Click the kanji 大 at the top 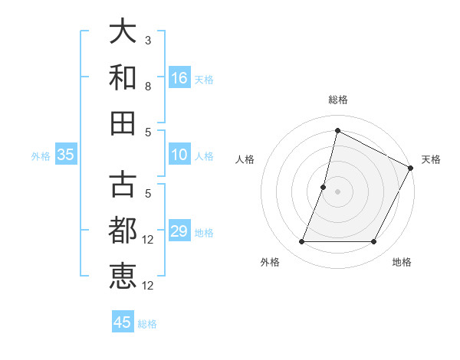(x=123, y=32)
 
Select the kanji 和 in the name (x=123, y=77)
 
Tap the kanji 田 (x=123, y=123)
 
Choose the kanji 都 (x=123, y=231)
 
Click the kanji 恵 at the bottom (x=123, y=277)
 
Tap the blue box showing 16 (x=179, y=77)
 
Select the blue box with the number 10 (x=179, y=155)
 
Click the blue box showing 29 (x=179, y=231)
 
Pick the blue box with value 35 (x=65, y=155)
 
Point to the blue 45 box (x=123, y=322)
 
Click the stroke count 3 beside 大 (x=148, y=40)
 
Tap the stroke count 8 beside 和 (x=148, y=87)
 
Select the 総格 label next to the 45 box (x=147, y=324)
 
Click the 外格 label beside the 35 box (x=41, y=155)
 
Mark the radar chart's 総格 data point (x=337, y=129)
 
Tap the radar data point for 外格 (x=301, y=242)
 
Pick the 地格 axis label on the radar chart (x=402, y=263)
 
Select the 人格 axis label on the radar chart (x=245, y=159)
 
